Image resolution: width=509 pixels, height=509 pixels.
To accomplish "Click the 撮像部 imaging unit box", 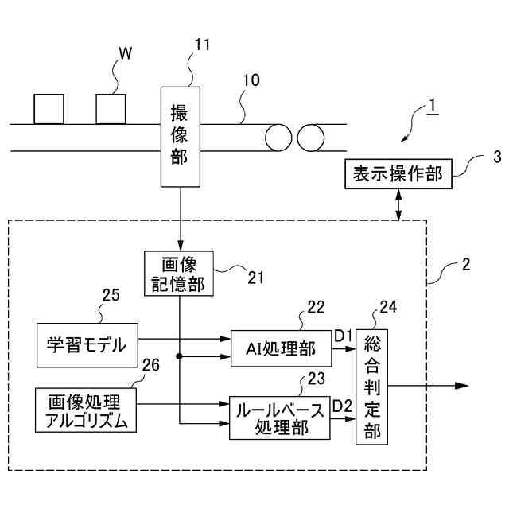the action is tap(181, 137).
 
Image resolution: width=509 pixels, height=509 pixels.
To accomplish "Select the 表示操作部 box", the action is tap(398, 173).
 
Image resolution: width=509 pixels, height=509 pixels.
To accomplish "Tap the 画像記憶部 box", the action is tap(179, 274).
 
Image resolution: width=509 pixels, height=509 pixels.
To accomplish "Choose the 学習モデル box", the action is tap(87, 345).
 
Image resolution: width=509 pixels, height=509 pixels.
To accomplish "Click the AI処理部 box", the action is tap(281, 348).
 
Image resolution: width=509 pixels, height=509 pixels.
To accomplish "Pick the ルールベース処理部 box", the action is tap(280, 418).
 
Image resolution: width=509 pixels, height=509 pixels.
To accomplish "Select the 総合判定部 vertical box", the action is tap(372, 387).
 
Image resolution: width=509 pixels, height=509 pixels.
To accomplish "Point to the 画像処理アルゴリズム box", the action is tap(86, 410).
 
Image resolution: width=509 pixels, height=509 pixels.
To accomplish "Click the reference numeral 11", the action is tap(202, 45).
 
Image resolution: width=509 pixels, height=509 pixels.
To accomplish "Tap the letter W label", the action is tap(126, 53).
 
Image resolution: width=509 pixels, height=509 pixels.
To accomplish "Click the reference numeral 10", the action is tap(251, 80).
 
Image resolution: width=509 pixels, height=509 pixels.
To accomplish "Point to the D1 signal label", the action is tap(343, 336).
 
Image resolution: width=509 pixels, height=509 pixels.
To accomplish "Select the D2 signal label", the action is tap(343, 406).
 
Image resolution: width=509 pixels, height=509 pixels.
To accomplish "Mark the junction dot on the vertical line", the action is tap(179, 356).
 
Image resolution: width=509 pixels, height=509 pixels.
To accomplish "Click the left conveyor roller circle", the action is tap(278, 138).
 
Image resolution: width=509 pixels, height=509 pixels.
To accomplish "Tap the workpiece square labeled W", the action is tap(111, 109).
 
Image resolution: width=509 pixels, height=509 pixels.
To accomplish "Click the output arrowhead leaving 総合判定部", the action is tap(462, 386).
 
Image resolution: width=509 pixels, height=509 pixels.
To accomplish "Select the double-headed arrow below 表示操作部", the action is tap(398, 204).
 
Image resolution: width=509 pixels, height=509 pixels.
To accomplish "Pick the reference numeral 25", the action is tap(111, 295).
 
